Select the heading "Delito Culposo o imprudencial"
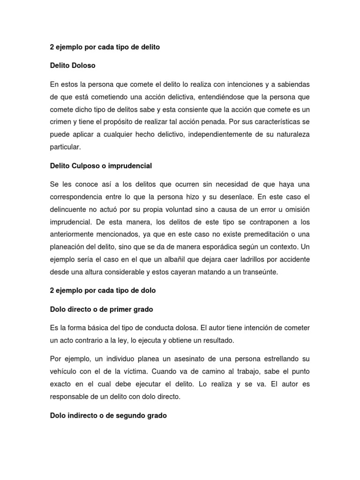(x=101, y=165)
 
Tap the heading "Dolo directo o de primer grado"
(x=102, y=309)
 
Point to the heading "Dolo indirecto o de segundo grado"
(x=108, y=415)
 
